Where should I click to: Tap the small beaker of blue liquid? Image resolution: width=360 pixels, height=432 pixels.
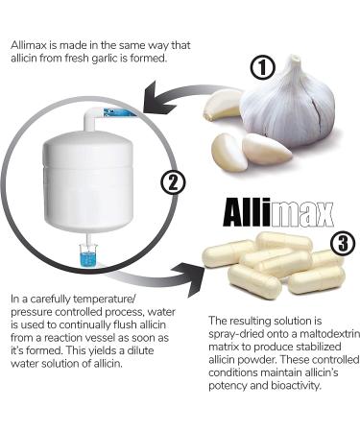(88, 257)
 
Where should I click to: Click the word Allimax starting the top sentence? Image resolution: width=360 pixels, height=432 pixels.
(31, 44)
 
